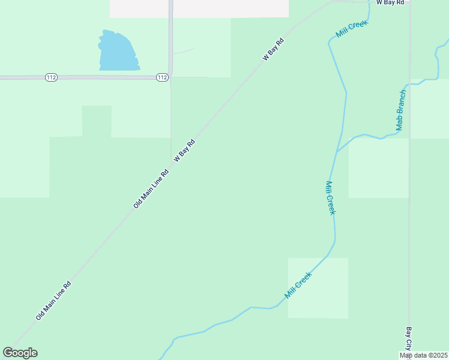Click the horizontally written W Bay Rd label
pos(390,3)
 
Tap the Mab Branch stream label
pos(401,110)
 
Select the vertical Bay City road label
pos(408,338)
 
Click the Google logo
pos(20,353)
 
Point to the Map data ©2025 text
pos(423,355)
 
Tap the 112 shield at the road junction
pos(162,77)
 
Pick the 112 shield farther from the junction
pos(51,77)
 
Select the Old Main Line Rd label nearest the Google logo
pos(53,301)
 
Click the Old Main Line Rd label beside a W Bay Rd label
pos(151,189)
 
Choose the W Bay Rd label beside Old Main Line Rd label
pos(185,151)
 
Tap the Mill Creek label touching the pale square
pos(298,285)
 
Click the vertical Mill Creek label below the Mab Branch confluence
pos(330,198)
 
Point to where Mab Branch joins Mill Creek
pos(337,151)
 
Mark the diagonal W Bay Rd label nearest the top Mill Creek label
pos(273,50)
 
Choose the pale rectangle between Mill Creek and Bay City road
pos(378,168)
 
